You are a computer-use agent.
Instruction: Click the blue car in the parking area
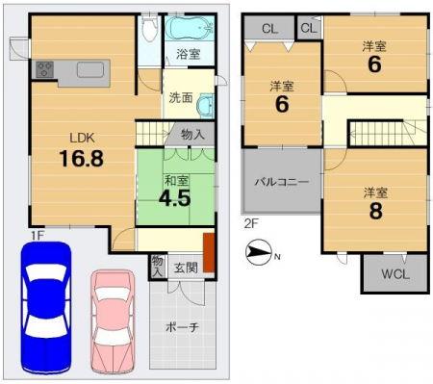(x=46, y=308)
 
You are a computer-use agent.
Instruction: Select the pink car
(x=113, y=321)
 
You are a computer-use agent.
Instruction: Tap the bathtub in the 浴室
(x=190, y=28)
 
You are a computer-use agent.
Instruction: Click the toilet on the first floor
(x=150, y=29)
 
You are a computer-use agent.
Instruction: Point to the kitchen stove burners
(x=44, y=69)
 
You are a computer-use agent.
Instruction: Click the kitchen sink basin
(x=90, y=69)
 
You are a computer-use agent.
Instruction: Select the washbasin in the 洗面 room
(x=205, y=106)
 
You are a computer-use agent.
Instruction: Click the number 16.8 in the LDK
(x=82, y=159)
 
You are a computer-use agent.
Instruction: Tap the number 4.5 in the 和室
(x=175, y=198)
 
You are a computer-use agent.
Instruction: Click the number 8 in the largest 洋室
(x=375, y=211)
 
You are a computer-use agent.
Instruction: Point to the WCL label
(x=395, y=274)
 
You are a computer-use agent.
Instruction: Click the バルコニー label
(x=282, y=182)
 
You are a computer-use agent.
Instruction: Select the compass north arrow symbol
(x=259, y=252)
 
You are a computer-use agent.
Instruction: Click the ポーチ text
(x=182, y=327)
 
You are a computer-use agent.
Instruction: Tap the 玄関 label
(x=186, y=268)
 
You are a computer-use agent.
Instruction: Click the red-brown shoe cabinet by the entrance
(x=209, y=252)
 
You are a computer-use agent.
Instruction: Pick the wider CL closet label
(x=269, y=29)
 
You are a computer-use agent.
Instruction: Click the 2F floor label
(x=251, y=224)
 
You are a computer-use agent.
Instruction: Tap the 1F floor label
(x=38, y=236)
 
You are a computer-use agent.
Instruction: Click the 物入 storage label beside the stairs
(x=192, y=134)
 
